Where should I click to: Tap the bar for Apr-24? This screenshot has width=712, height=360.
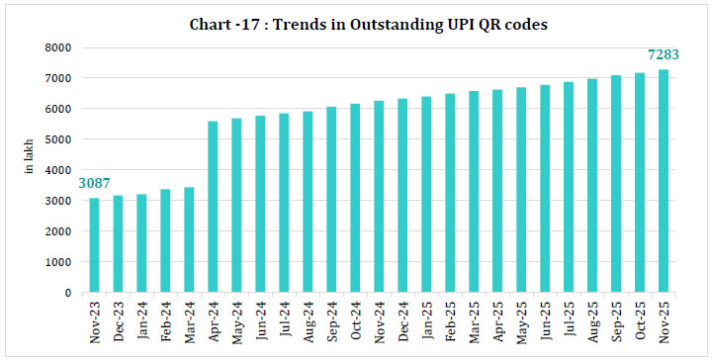[213, 207]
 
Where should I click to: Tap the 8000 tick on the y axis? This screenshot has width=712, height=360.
[61, 47]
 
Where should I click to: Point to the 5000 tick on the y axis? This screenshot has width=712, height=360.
[61, 139]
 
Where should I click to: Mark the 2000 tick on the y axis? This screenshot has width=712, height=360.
[61, 231]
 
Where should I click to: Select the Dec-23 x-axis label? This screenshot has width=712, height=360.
[119, 318]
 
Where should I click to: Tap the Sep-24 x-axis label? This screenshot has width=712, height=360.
[332, 318]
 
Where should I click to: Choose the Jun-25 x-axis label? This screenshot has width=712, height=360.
[545, 318]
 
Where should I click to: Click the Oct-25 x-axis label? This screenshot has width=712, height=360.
[640, 318]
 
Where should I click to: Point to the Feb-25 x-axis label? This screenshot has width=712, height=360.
[451, 318]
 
